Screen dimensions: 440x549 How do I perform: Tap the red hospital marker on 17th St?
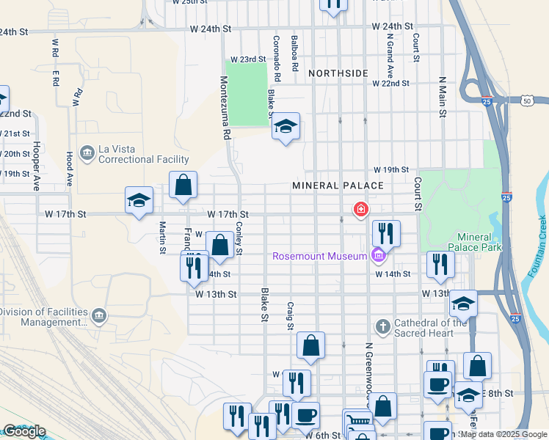pos(360,210)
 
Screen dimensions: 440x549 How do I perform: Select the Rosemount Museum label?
pos(319,256)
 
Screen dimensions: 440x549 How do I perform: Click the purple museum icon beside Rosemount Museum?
pos(378,256)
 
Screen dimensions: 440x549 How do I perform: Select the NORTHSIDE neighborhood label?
pos(338,73)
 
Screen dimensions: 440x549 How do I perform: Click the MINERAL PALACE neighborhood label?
pos(338,186)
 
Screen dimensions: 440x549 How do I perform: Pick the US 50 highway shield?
pos(527,99)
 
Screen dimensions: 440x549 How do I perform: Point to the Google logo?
pos(23,431)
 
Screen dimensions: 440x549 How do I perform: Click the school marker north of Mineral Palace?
pos(286,127)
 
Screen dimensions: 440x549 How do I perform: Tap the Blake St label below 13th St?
pos(264,304)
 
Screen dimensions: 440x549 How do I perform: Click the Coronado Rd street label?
pos(277,58)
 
